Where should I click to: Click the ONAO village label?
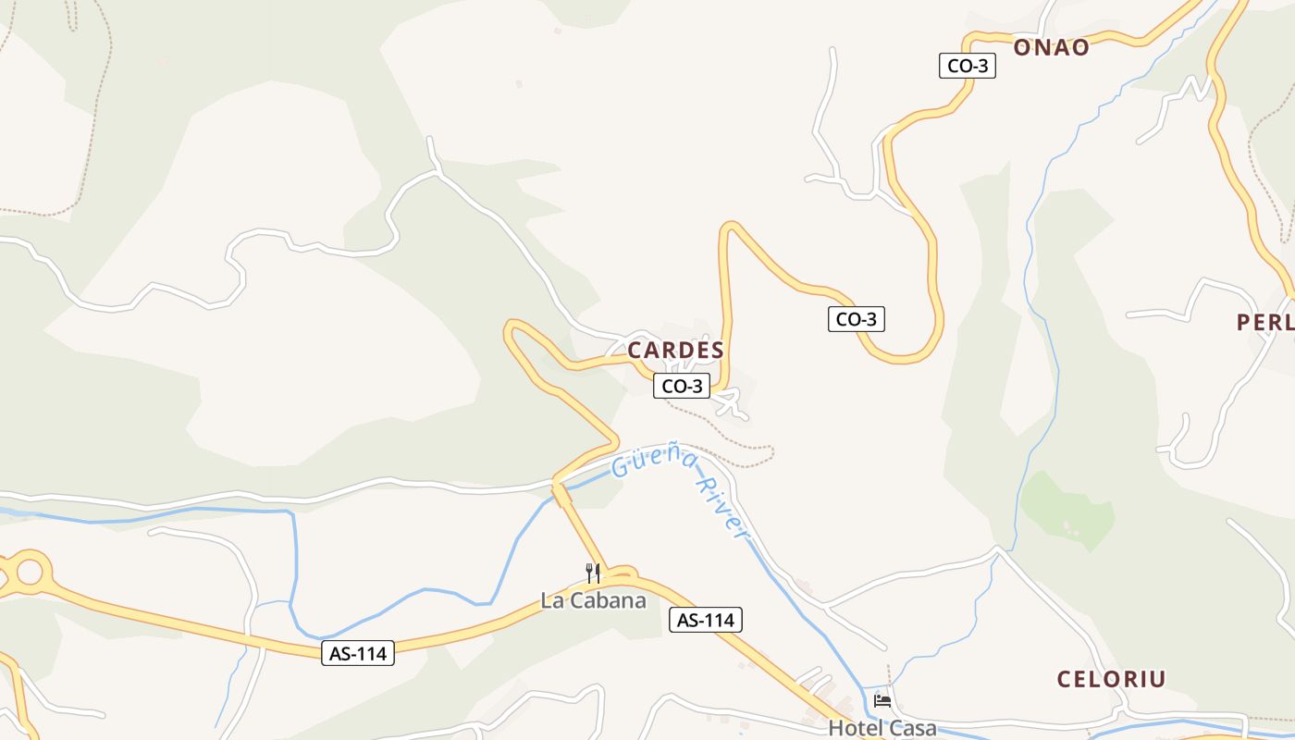pyautogui.click(x=1051, y=48)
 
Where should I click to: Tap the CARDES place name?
pyautogui.click(x=675, y=351)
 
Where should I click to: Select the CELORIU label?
pyautogui.click(x=1111, y=679)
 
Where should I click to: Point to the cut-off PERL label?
pyautogui.click(x=1264, y=322)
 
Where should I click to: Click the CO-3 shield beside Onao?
pyautogui.click(x=967, y=66)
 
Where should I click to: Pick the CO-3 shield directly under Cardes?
pyautogui.click(x=682, y=386)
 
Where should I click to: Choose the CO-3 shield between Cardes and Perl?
pyautogui.click(x=856, y=319)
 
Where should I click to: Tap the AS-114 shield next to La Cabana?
pyautogui.click(x=705, y=620)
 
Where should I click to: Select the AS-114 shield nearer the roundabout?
pyautogui.click(x=359, y=653)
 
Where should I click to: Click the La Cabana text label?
pyautogui.click(x=593, y=600)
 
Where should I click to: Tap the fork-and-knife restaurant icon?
pyautogui.click(x=593, y=573)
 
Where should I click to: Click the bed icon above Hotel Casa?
pyautogui.click(x=882, y=701)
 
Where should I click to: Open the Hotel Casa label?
pyautogui.click(x=882, y=728)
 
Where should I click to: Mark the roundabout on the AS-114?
pyautogui.click(x=29, y=572)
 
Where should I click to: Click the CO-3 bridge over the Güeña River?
pyautogui.click(x=561, y=494)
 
